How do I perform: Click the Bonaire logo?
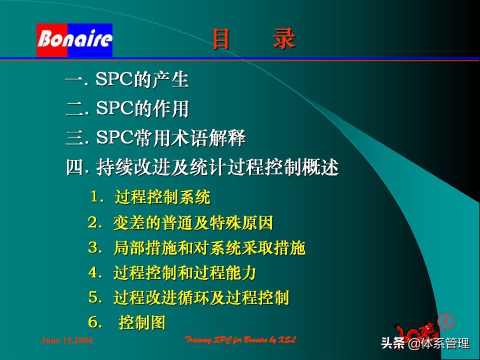(74, 40)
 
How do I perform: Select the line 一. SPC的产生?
(127, 80)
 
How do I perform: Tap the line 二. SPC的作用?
(127, 109)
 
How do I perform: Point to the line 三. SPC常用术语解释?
(155, 138)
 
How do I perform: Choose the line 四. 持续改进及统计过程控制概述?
(202, 168)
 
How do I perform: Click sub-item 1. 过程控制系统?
(150, 197)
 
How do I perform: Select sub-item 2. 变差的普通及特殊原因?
(180, 223)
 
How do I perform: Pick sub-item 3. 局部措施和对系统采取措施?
(196, 248)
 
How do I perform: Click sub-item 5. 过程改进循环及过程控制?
(188, 298)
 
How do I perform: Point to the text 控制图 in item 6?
(142, 323)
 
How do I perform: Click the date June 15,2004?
(66, 340)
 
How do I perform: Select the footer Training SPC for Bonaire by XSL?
(240, 340)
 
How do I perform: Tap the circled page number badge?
(445, 321)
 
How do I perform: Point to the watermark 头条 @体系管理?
(425, 344)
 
